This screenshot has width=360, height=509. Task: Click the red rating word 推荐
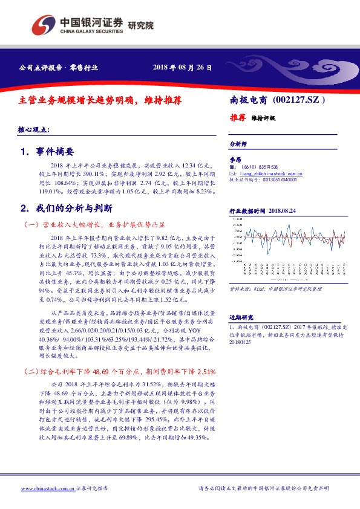(x=237, y=117)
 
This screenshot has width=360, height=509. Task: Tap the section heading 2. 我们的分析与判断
(x=66, y=208)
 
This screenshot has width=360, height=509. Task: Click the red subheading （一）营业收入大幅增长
(x=94, y=224)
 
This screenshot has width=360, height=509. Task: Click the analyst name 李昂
(x=235, y=159)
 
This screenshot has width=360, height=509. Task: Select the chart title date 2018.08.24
(x=284, y=211)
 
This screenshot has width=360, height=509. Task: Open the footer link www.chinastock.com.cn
(x=48, y=488)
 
